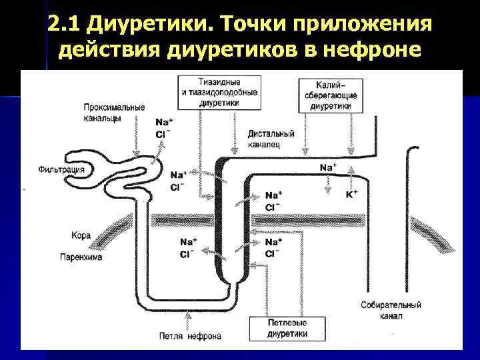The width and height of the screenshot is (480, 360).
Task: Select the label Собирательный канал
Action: tap(391, 310)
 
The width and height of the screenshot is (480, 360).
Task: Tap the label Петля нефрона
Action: tap(190, 336)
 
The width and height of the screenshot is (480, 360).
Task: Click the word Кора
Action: tap(81, 235)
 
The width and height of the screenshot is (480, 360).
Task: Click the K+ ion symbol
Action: tap(351, 194)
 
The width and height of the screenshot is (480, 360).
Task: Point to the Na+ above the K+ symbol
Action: tap(328, 167)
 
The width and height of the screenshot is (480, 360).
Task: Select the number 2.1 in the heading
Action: tap(65, 25)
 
